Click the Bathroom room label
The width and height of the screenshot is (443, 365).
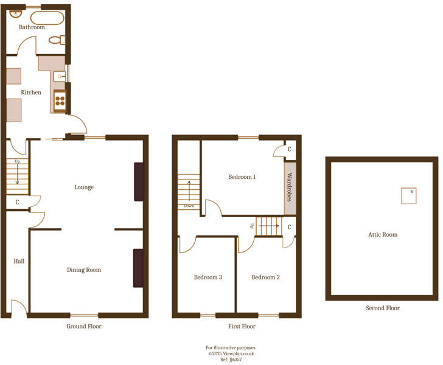point(32,27)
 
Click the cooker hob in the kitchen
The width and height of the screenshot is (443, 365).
point(60,99)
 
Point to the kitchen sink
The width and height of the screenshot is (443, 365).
point(59,76)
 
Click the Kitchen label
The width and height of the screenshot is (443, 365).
point(31,92)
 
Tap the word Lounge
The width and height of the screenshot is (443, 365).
point(84,187)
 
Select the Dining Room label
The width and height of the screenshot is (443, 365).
point(84,269)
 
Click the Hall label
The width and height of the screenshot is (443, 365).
point(19,261)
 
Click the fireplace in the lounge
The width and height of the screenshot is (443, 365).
point(139,181)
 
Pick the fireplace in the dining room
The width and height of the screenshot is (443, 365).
point(138,268)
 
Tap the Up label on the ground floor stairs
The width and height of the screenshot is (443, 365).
point(17,162)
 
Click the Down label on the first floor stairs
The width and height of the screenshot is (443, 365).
point(189,206)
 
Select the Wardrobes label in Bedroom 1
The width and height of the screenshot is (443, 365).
point(290,188)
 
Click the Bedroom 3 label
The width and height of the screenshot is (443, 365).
point(208,277)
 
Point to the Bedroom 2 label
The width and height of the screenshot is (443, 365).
point(266,277)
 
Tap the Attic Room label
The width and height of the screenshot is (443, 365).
point(383,234)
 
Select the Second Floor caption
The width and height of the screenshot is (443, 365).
point(383,308)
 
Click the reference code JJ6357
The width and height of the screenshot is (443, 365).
point(235,360)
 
